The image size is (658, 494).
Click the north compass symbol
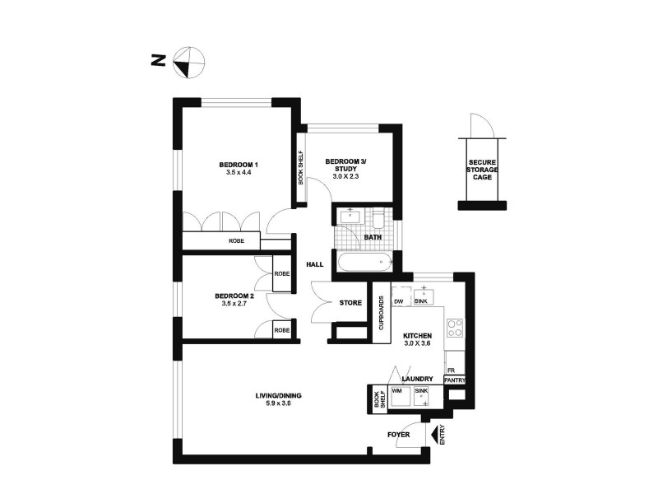pos(188,60)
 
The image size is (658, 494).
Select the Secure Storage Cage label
pos(482,170)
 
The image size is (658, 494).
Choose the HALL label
pos(315,264)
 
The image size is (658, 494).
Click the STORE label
pos(350,303)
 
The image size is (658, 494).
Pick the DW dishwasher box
pos(399,302)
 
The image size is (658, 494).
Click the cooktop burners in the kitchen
pos(455,329)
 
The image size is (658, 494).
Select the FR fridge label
pos(452,370)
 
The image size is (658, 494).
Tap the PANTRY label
pos(455,380)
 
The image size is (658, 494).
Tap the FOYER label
pos(398,433)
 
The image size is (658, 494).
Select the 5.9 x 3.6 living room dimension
pos(274,403)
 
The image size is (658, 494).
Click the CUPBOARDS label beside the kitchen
pos(381,313)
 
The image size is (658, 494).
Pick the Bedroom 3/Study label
pos(345,165)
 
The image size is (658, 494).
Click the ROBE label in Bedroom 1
pos(236,241)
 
